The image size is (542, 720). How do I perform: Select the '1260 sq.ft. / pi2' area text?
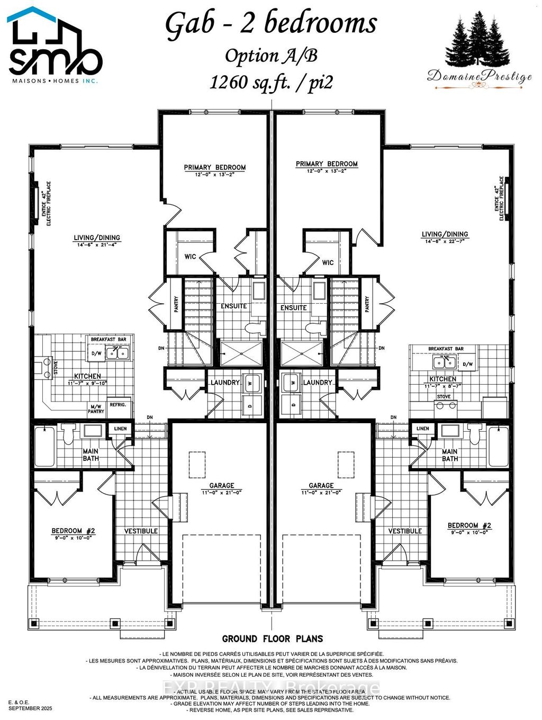271,83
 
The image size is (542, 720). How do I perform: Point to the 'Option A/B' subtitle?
271,56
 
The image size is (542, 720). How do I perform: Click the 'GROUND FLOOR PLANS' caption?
272,639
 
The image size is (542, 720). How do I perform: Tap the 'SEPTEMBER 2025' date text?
30,708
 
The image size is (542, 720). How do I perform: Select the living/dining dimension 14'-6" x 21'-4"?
97,244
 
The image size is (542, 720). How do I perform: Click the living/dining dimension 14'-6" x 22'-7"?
445,241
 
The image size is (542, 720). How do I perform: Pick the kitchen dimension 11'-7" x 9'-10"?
87,382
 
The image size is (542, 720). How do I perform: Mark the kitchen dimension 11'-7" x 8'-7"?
442,386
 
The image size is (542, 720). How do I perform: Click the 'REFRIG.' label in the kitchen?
118,404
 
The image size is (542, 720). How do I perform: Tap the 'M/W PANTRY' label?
96,408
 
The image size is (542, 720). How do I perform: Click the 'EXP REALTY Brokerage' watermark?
270,688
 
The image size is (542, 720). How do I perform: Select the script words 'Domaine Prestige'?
479,77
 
